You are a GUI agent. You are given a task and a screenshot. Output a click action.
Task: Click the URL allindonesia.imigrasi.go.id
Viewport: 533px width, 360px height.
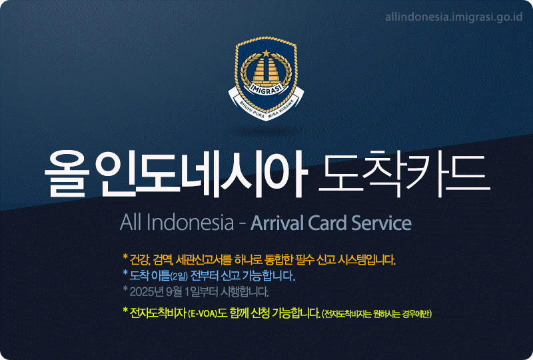tap(454, 17)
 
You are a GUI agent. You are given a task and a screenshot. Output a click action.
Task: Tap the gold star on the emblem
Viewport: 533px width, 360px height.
tap(266, 53)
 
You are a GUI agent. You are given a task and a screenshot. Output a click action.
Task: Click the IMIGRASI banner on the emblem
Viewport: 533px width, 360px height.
tap(266, 88)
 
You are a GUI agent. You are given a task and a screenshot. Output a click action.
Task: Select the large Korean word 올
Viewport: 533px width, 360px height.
tap(66, 174)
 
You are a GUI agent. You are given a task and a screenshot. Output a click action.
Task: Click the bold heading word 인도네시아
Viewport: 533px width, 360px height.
tap(201, 174)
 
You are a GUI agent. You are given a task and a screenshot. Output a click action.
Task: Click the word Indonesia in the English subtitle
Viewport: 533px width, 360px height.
tap(191, 223)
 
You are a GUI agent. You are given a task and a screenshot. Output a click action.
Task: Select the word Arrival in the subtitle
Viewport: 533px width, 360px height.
tap(277, 223)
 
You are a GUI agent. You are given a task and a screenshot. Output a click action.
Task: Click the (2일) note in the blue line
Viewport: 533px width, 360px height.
tap(179, 276)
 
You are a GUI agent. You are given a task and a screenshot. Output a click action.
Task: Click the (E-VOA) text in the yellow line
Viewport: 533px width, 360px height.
tap(203, 314)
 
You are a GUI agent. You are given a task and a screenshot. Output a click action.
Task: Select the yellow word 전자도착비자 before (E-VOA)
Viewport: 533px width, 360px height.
tap(158, 313)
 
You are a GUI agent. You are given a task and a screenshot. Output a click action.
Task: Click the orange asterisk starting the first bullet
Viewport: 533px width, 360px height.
tap(125, 257)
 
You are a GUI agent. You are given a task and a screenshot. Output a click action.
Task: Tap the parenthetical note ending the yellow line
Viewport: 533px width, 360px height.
tap(376, 314)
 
